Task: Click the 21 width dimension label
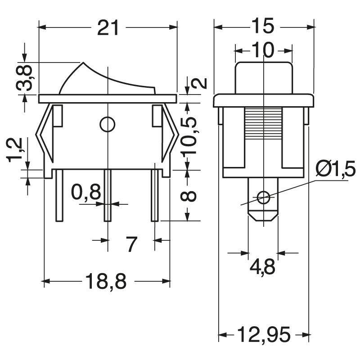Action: pyautogui.click(x=108, y=28)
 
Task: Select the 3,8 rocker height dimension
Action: pyautogui.click(x=26, y=78)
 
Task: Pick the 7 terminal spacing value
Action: pyautogui.click(x=131, y=244)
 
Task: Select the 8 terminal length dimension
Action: pyautogui.click(x=191, y=196)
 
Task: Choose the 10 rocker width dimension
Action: pyautogui.click(x=262, y=51)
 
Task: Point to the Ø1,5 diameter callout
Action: pyautogui.click(x=336, y=170)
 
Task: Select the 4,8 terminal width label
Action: pyautogui.click(x=263, y=267)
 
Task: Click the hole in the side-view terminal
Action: pyautogui.click(x=263, y=197)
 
